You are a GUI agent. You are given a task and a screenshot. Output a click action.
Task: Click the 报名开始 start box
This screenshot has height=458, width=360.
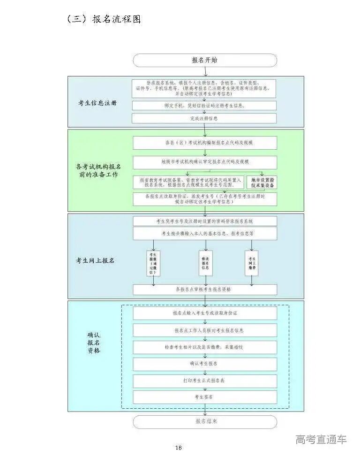click(205, 61)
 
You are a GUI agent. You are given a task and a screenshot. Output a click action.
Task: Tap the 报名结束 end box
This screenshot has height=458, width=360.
click(205, 421)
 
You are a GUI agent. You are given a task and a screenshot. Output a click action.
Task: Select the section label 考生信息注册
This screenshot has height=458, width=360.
click(97, 103)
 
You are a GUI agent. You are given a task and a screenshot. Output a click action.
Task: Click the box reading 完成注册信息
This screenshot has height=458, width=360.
click(204, 118)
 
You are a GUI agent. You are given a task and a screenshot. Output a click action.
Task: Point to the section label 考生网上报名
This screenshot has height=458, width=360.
click(95, 260)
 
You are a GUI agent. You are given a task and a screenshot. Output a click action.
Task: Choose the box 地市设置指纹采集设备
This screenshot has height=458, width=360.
click(262, 182)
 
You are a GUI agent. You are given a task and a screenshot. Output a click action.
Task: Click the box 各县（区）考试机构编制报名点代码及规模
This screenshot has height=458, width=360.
click(205, 143)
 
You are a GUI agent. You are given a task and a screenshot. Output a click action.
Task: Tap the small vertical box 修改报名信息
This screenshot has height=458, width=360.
click(205, 263)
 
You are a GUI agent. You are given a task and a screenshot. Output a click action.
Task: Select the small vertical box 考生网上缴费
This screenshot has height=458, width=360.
click(252, 263)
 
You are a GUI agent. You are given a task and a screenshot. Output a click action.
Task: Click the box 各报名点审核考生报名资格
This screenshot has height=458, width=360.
click(205, 290)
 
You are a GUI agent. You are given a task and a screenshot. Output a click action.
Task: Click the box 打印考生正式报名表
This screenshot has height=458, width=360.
click(205, 381)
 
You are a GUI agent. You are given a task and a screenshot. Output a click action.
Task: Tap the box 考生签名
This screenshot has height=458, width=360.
click(205, 397)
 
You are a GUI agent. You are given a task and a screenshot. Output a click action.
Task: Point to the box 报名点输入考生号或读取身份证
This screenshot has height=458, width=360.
click(205, 313)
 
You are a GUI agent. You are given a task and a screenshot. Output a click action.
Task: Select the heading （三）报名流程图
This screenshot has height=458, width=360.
click(104, 19)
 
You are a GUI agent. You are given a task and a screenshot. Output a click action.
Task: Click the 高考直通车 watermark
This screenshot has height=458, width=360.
click(321, 439)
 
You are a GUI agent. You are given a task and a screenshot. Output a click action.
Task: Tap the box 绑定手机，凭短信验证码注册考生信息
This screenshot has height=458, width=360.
click(204, 106)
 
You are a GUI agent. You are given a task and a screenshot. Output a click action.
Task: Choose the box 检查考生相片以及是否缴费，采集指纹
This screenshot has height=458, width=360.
click(205, 347)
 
